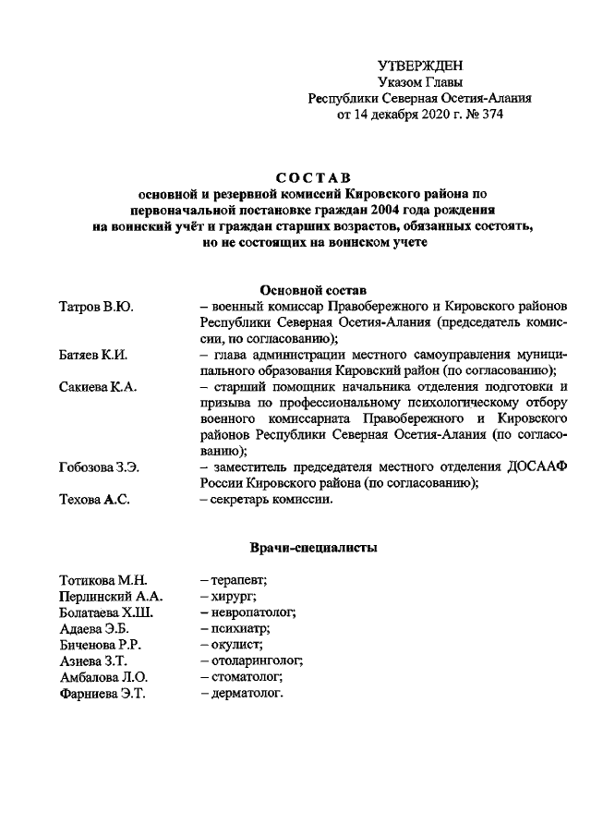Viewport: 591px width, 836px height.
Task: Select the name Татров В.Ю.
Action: (96, 306)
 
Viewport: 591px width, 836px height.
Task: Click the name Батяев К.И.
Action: (97, 356)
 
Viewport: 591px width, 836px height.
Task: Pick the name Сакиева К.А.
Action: (98, 388)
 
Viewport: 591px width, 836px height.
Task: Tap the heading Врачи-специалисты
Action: (313, 549)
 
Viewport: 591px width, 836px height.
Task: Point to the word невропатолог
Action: (251, 612)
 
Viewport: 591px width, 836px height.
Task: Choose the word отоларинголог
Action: (256, 661)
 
